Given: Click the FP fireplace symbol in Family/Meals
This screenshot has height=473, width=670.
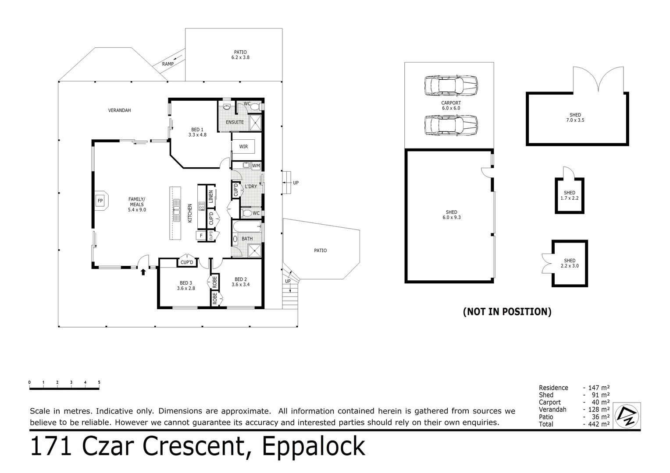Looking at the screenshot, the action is [101, 201].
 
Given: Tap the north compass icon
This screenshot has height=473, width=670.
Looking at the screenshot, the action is [627, 416].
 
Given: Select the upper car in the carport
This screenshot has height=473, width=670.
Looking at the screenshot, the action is [451, 86].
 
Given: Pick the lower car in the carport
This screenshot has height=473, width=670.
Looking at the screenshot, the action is [451, 125].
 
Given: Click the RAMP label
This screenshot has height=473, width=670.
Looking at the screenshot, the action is [168, 64].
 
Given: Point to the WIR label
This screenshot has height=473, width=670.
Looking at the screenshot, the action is [243, 147].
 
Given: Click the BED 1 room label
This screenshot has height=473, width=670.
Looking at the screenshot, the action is [197, 132].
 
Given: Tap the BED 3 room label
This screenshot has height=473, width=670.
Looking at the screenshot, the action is [186, 286].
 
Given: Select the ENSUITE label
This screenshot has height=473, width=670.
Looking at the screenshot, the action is [235, 122].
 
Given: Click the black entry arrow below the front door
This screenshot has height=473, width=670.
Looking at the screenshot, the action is [143, 272].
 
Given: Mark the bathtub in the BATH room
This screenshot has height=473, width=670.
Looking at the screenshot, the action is [247, 227].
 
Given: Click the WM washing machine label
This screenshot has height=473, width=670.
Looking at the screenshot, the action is [256, 166].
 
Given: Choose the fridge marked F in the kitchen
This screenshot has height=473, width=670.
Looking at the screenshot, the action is [201, 236].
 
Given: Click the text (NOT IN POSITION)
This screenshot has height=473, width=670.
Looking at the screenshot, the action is [507, 312].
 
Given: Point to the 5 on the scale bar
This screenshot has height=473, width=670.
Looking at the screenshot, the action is [99, 382].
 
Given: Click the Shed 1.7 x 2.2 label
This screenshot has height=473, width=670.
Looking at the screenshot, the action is [570, 195].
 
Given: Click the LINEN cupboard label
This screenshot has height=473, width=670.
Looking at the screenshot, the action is [211, 196].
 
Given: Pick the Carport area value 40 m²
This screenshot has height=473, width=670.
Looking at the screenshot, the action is [601, 402].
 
